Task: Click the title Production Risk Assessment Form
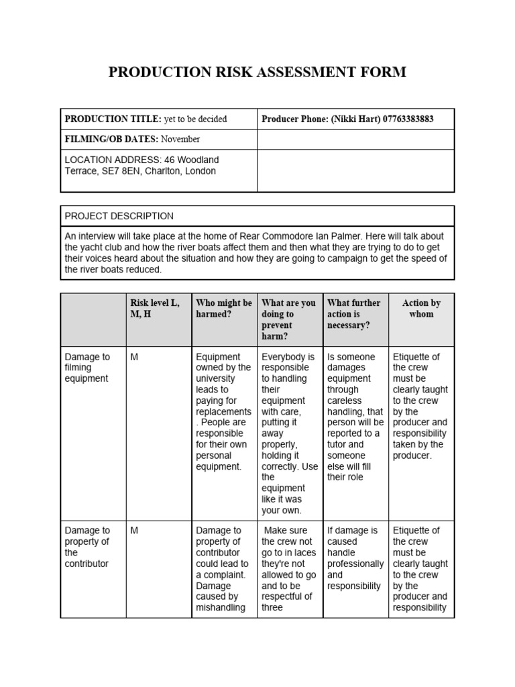click(257, 72)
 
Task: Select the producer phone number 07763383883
click(408, 119)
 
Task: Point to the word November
click(179, 140)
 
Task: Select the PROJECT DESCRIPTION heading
click(119, 216)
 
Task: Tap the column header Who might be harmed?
click(224, 309)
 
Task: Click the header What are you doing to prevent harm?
click(288, 319)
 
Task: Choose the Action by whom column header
click(421, 309)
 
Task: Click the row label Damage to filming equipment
click(87, 368)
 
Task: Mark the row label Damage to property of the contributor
click(87, 547)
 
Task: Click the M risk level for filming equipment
click(134, 357)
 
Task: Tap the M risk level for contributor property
click(134, 531)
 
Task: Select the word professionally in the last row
click(355, 564)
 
